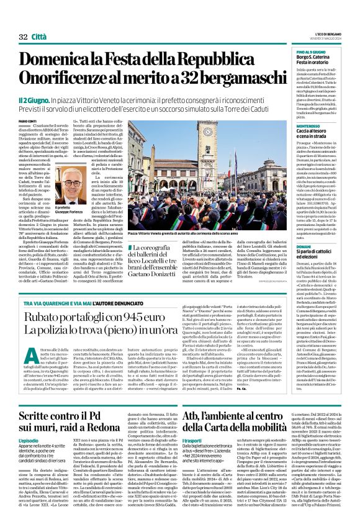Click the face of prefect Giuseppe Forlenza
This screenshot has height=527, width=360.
point(74,184)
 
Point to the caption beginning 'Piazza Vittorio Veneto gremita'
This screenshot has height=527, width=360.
point(180,233)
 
